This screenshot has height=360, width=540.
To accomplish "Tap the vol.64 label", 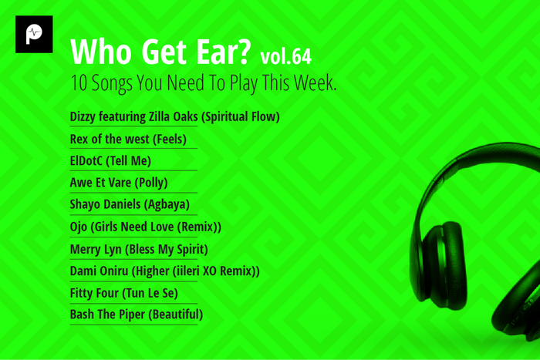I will pos(287,56).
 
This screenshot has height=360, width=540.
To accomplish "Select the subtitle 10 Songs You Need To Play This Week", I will pos(204,84).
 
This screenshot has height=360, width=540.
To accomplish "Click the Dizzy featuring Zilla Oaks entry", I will pos(174,117).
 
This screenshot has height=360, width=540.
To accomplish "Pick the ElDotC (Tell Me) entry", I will pos(110,161).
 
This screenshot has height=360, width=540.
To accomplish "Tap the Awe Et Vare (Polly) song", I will pos(119,183).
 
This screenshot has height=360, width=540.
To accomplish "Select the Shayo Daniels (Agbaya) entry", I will pos(130,205).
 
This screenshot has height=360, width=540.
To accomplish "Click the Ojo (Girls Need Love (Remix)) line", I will pos(146,227).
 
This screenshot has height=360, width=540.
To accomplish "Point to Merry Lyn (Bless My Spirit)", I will pos(139,249).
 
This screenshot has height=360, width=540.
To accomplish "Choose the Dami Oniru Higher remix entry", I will pos(164,271).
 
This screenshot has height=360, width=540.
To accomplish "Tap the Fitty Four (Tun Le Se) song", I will pos(123,293).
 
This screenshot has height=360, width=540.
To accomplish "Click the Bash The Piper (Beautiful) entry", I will pos(137,315).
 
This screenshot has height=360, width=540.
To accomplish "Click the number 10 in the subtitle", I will pos(77,84).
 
